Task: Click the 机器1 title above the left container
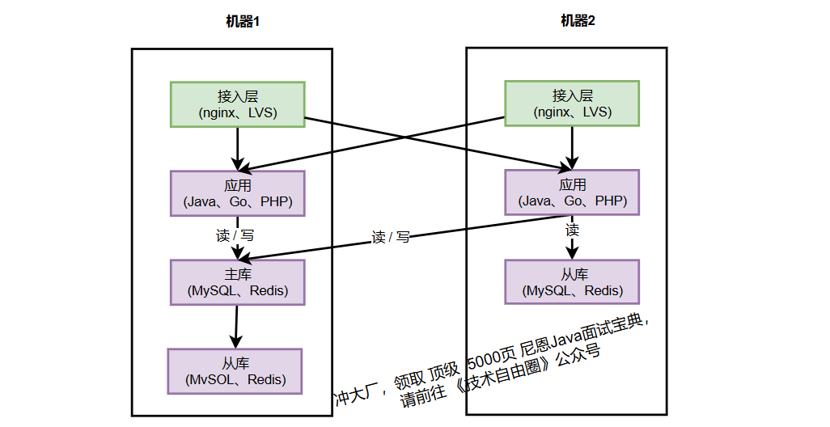(x=243, y=22)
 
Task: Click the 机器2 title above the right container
(x=578, y=21)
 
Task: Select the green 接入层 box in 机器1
(x=237, y=104)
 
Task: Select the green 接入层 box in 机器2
(x=572, y=104)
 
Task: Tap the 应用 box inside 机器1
(x=237, y=192)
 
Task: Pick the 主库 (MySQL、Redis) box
(x=237, y=281)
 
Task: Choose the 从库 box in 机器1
(x=235, y=370)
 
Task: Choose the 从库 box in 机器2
(x=572, y=281)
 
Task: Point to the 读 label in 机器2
(x=573, y=230)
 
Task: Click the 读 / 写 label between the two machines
(x=391, y=238)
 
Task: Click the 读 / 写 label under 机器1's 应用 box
(x=235, y=236)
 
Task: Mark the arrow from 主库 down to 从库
(x=236, y=326)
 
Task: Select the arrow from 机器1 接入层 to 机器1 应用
(x=237, y=148)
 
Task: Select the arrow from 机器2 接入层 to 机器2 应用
(x=573, y=147)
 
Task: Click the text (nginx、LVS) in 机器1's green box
(x=238, y=113)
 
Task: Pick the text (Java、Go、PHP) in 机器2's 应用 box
(x=573, y=201)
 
